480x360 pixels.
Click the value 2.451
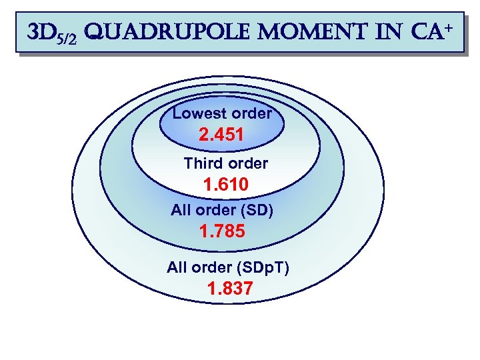(x=221, y=135)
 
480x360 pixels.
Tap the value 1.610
(x=225, y=184)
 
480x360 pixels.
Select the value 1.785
(x=222, y=232)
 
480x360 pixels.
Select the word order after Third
(x=247, y=163)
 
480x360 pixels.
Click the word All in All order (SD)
(x=181, y=211)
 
